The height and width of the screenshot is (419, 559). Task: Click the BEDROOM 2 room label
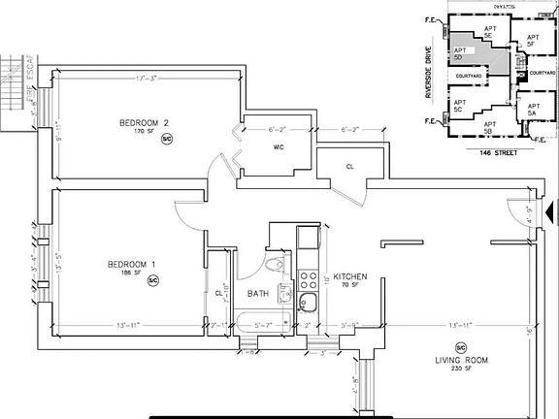pyautogui.click(x=145, y=122)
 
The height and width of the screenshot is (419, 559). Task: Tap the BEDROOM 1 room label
pyautogui.click(x=132, y=264)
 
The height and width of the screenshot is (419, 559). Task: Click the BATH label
pyautogui.click(x=257, y=293)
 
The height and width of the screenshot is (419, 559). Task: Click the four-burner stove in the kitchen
pyautogui.click(x=308, y=281)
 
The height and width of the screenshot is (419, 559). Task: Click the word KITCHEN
pyautogui.click(x=349, y=276)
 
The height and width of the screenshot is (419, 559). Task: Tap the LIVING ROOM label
pyautogui.click(x=462, y=360)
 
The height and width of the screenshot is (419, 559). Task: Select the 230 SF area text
pyautogui.click(x=462, y=370)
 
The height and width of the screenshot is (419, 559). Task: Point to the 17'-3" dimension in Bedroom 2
pyautogui.click(x=148, y=77)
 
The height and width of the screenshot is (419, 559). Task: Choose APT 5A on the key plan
pyautogui.click(x=532, y=110)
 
